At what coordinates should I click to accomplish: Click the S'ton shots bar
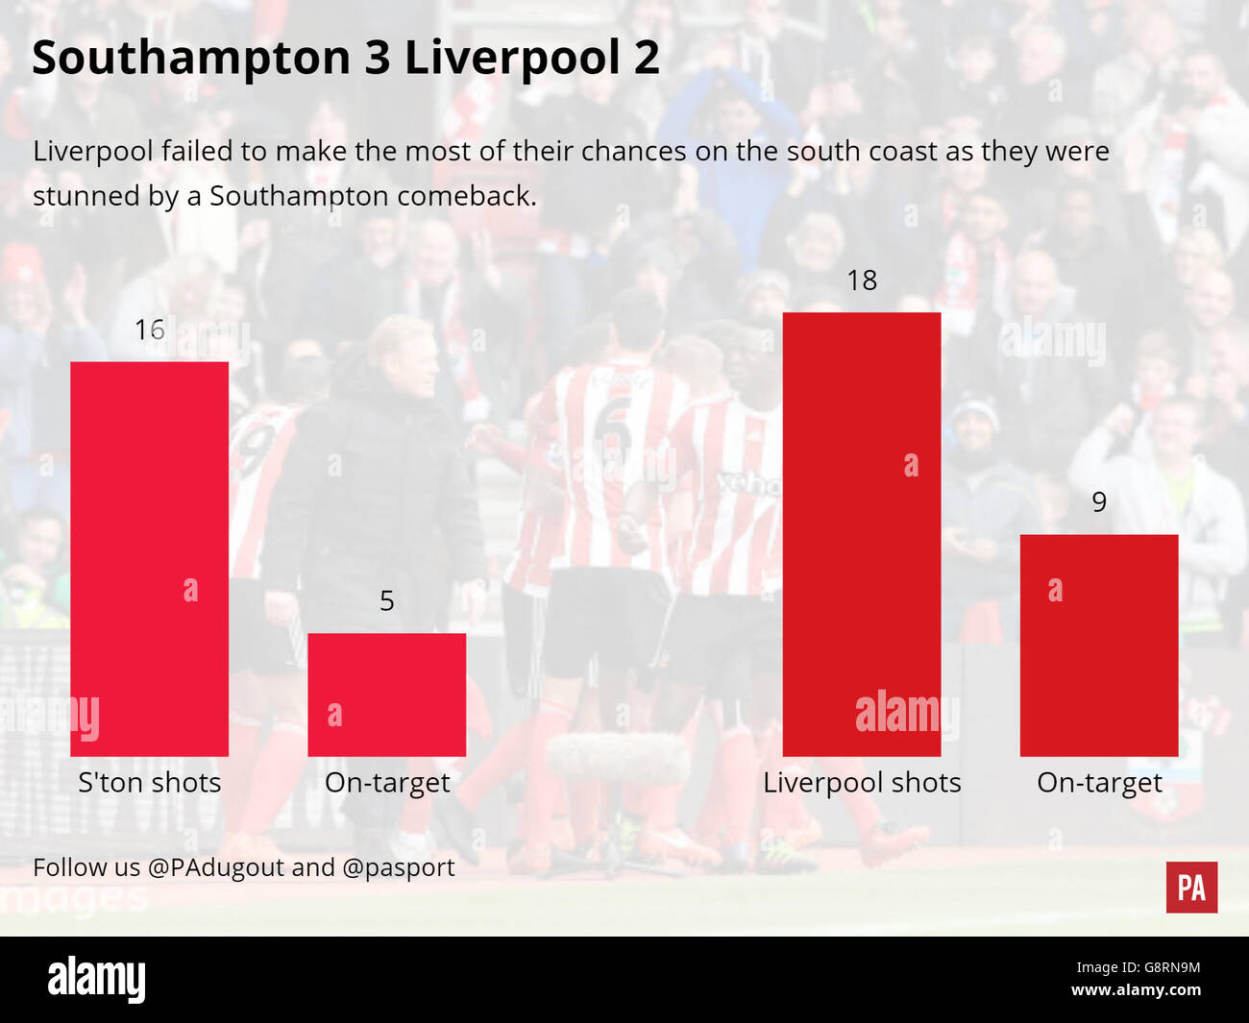coord(150,559)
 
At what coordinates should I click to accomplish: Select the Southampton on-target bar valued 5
coord(386,694)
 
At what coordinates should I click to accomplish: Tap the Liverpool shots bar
coord(862,534)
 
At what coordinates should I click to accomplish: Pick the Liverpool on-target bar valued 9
coord(1098,645)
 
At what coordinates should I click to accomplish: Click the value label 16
coord(150,329)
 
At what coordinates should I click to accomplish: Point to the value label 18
coord(862,280)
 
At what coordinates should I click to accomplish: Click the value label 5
coord(386,601)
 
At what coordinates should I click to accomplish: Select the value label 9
coord(1099,502)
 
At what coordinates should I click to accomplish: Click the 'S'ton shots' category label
coord(150,783)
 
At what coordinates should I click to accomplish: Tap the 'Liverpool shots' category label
coord(862,783)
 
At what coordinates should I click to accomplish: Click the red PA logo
coord(1191,887)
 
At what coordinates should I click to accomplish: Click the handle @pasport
coord(398,867)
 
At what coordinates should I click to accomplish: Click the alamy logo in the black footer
coord(97,980)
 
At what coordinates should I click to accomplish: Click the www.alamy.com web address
coord(1136,990)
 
